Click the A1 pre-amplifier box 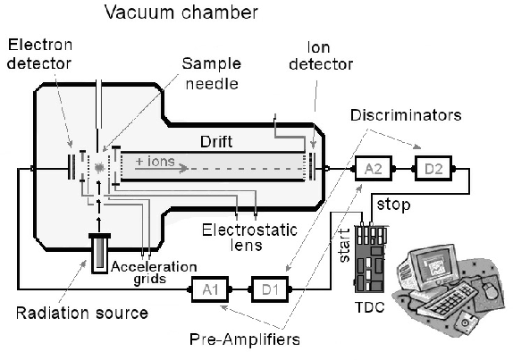[210, 289]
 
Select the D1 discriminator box [270, 289]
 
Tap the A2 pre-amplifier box [374, 169]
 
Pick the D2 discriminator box [433, 169]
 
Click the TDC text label [370, 307]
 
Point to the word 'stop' [393, 205]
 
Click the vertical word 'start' [344, 246]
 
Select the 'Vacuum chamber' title [181, 13]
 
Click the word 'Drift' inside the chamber [216, 141]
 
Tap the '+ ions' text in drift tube [156, 161]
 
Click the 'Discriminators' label [406, 115]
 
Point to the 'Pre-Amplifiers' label [245, 339]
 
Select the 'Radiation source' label [82, 313]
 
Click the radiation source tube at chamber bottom [99, 254]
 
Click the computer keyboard [449, 299]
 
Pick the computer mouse [491, 290]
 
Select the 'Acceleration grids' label [154, 272]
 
